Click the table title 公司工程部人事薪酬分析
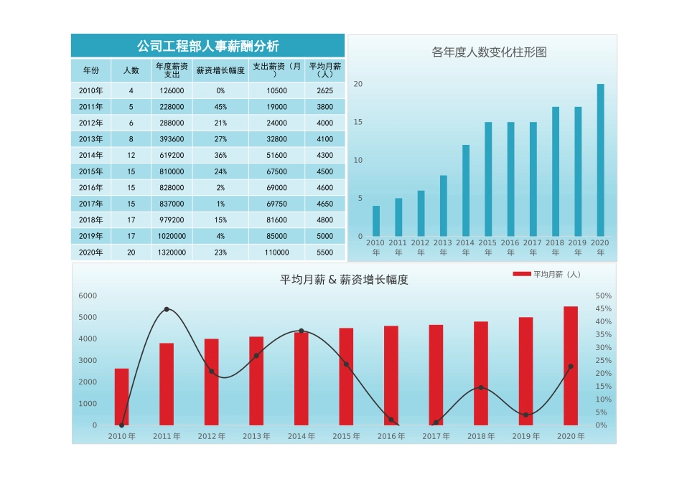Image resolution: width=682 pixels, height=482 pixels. coord(207,46)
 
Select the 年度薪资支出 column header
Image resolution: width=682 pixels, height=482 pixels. coord(172,70)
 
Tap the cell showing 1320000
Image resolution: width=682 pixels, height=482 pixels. coord(172,252)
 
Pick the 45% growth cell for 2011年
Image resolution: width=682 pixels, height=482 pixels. coord(220,107)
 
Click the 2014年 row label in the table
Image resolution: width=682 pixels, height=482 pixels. coord(91,156)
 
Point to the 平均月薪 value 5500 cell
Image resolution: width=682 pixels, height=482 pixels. coord(324,252)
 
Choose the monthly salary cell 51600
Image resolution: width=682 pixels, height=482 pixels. coord(276,156)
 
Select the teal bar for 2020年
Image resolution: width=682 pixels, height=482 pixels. coord(600,160)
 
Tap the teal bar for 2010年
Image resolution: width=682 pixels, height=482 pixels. coord(376,221)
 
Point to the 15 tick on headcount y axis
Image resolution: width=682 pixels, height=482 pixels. coord(358,123)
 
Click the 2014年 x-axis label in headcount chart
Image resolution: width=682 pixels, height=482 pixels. coord(465,247)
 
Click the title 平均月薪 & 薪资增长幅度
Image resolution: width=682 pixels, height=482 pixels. coord(344,280)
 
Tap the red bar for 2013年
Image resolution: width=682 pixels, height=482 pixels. coord(256,381)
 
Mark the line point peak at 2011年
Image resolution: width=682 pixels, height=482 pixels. coord(167,309)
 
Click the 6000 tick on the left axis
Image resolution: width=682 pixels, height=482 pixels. coord(88,296)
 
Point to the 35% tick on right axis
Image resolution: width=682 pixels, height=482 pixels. coord(604,335)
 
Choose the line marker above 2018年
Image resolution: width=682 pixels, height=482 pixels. coord(480,387)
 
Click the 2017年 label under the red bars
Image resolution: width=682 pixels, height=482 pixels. coord(436,436)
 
